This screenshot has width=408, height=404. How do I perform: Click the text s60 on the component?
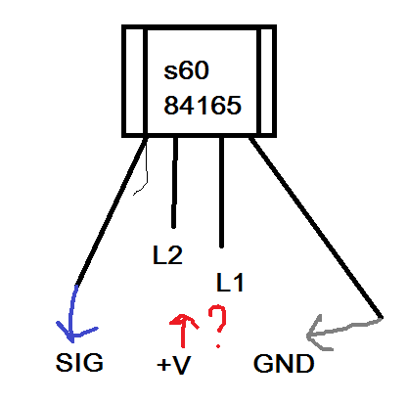[186, 70]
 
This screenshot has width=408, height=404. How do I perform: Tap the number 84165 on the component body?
[203, 106]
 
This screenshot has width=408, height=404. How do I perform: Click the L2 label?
[167, 255]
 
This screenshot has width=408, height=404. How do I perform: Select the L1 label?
[230, 283]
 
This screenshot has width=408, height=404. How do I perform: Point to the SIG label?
[79, 362]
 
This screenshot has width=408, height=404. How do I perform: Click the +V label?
[173, 364]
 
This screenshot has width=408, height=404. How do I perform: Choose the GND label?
[284, 363]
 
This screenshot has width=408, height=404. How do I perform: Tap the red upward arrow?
[183, 330]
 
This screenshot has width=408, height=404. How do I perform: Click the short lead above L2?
[174, 183]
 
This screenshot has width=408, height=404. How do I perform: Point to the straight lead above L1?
[221, 193]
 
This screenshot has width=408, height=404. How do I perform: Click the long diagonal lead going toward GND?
[316, 227]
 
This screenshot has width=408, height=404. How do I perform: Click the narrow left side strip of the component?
[135, 81]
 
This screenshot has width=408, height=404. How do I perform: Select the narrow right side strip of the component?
[267, 81]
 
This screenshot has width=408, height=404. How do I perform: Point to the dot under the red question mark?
[218, 346]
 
